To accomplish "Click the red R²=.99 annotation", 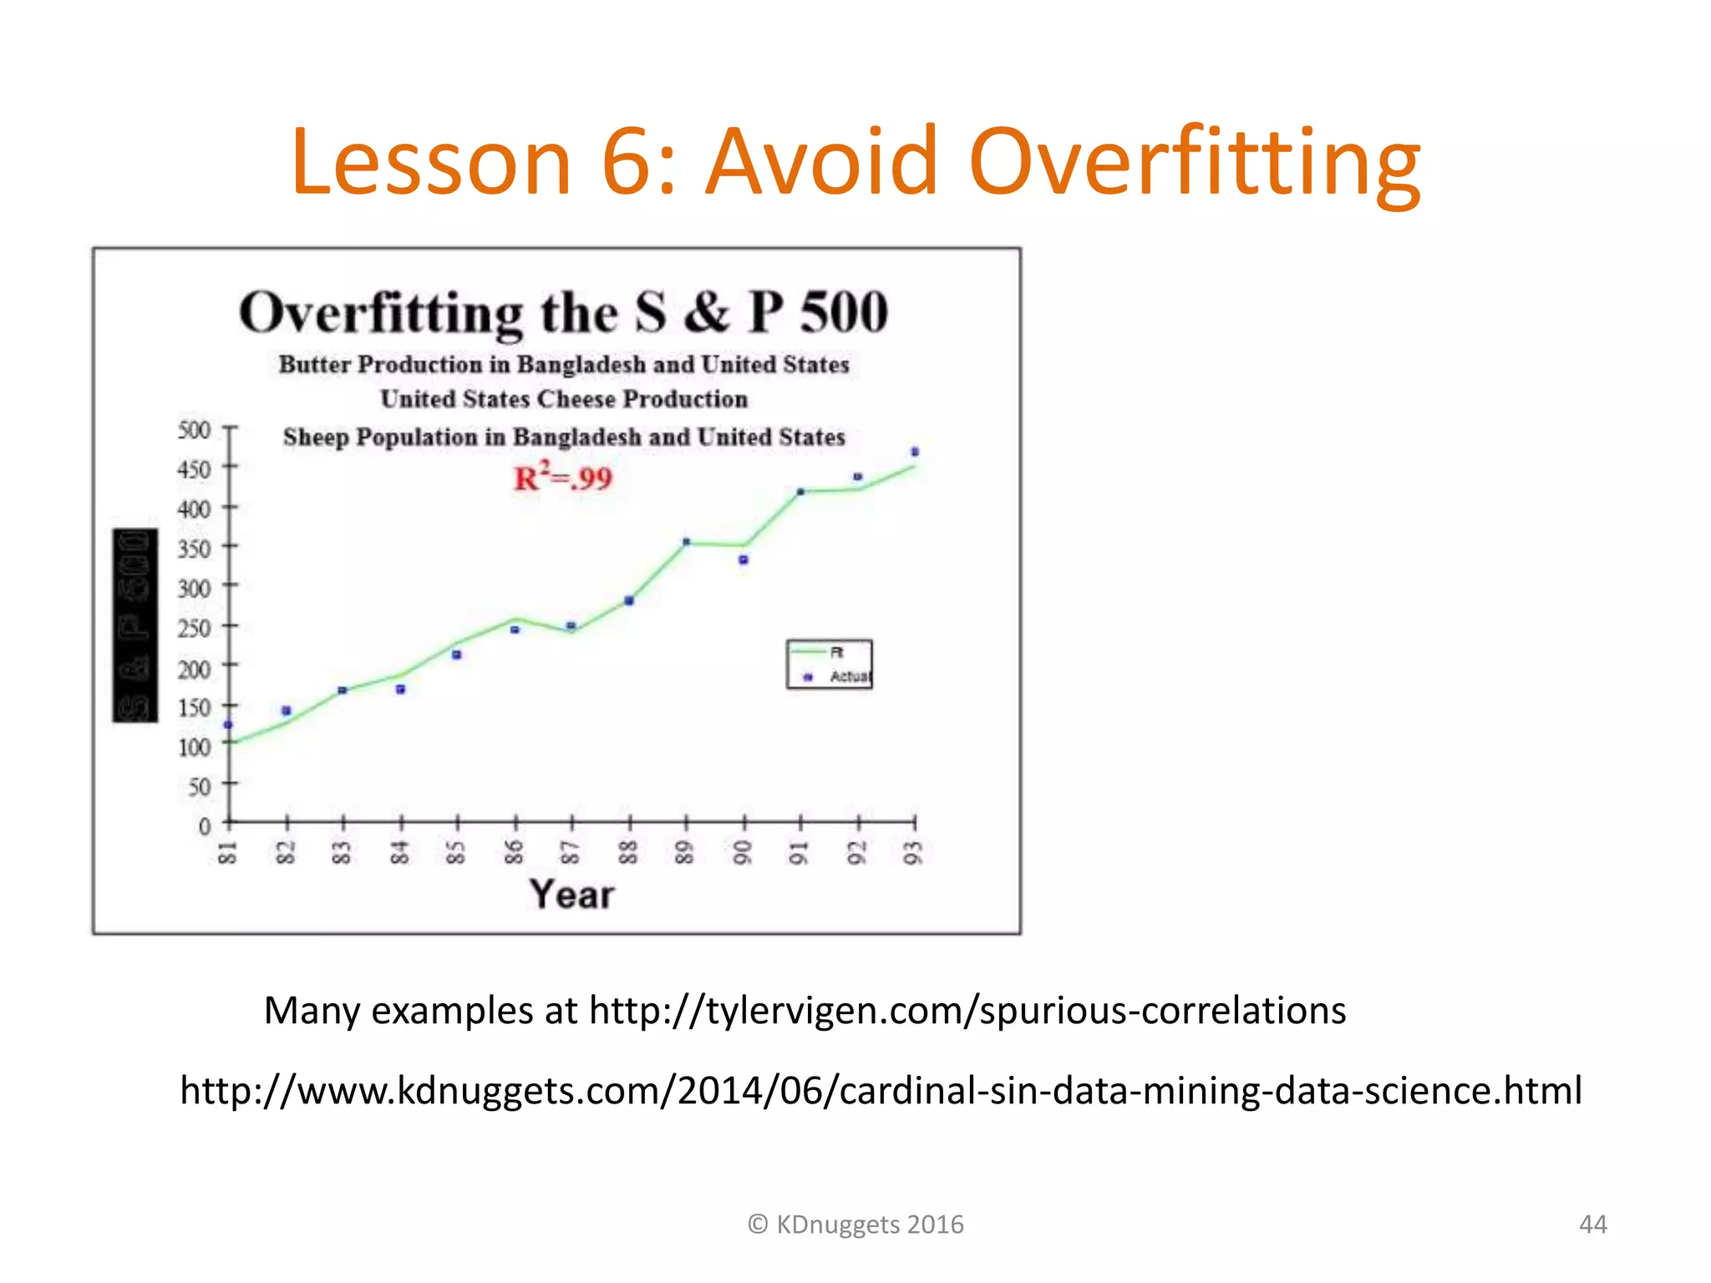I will point(562,478).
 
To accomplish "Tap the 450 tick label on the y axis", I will point(194,469).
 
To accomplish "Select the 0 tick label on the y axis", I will point(205,826).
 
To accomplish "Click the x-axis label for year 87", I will point(570,853).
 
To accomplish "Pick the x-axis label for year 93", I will point(914,853).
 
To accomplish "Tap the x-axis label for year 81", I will point(227,853).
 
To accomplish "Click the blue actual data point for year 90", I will point(744,560).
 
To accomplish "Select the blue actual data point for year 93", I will point(915,452).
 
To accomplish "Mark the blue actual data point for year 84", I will point(400,689).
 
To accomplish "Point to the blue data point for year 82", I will point(287,711).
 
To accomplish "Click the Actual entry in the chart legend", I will point(849,677).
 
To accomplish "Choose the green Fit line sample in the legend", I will point(808,652).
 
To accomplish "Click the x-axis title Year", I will point(571,895).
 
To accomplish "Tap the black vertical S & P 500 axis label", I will point(135,626).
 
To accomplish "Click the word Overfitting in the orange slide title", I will point(1194,162).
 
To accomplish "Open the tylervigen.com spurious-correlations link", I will point(967,1011).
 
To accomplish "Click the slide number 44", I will point(1592,1225).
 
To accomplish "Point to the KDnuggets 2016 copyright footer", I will point(855,1225).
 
